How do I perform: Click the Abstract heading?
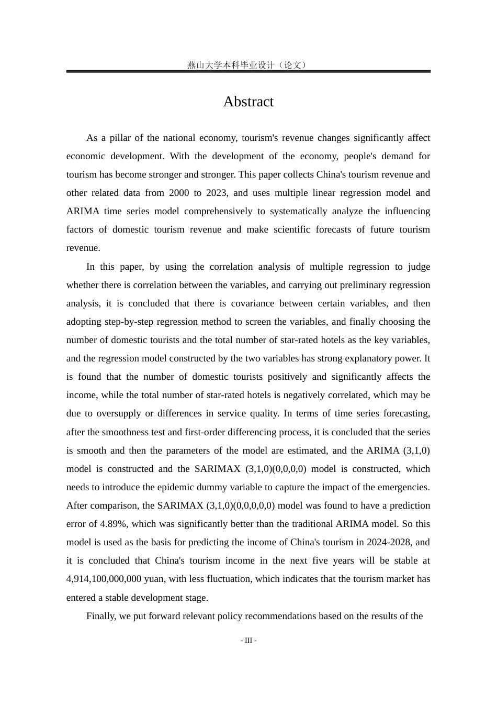click(249, 102)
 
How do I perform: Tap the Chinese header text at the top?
click(248, 65)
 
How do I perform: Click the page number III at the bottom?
click(249, 640)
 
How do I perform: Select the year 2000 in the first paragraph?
click(179, 193)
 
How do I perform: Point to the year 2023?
click(216, 193)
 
